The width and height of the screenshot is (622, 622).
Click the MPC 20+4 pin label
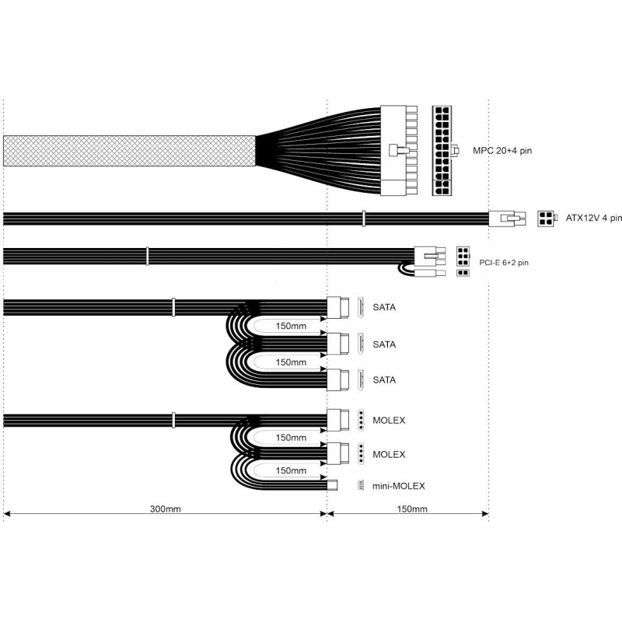point(501,151)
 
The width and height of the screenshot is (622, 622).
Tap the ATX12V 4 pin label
point(593,218)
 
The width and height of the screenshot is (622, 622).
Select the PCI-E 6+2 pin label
point(504,263)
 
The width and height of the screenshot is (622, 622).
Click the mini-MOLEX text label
point(398,486)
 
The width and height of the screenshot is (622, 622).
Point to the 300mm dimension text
point(166,509)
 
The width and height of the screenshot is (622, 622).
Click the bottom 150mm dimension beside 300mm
point(412,509)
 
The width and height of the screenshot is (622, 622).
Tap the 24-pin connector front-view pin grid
point(442,150)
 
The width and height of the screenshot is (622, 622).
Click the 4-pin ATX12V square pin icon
point(546,218)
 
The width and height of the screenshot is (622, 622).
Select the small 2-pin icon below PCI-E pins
point(463,273)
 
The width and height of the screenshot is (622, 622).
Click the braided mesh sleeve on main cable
point(129,151)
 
